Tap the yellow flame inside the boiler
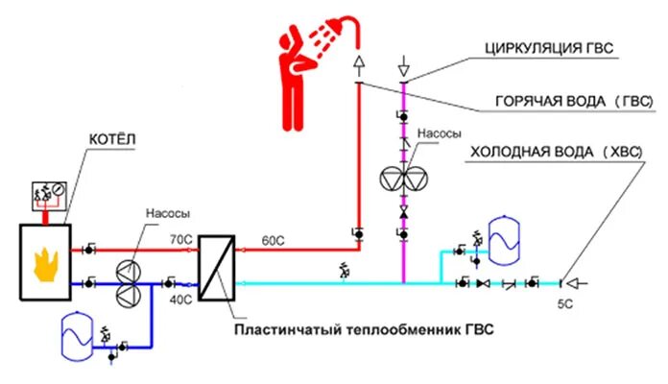[44, 263]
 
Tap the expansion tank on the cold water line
[502, 238]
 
